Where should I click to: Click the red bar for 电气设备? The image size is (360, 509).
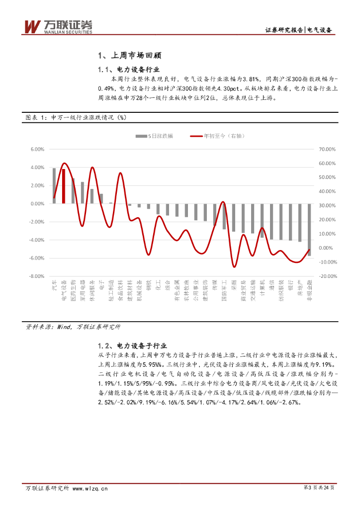point(64,186)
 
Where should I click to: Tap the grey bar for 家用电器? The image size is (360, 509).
point(83,192)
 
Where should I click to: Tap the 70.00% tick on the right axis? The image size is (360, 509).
point(328,149)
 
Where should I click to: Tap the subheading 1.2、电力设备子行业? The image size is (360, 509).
point(132,345)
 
